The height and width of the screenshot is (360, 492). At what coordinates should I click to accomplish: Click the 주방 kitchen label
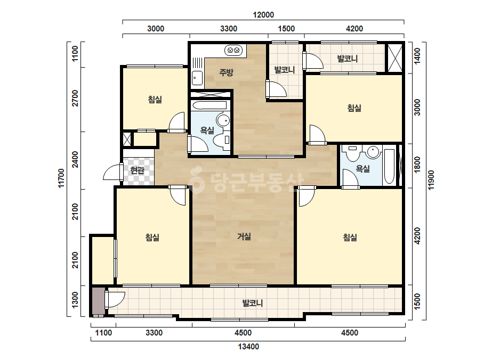[x=226, y=72]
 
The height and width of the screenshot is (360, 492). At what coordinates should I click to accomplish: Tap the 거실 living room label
[x=244, y=236]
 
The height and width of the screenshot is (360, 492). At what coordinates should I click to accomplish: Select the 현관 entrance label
[x=137, y=170]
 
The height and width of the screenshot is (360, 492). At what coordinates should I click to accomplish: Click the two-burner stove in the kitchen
[x=233, y=50]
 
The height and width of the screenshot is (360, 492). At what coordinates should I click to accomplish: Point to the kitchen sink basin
[x=197, y=78]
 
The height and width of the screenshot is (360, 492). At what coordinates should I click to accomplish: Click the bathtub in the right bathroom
[x=389, y=166]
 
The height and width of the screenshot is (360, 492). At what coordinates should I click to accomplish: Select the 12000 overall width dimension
[x=263, y=15]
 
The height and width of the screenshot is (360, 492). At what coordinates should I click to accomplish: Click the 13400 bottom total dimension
[x=248, y=346]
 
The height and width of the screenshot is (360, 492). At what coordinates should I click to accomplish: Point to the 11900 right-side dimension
[x=431, y=180]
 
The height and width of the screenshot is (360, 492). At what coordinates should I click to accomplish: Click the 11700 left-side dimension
[x=61, y=178]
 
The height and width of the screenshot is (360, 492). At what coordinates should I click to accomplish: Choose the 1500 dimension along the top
[x=286, y=29]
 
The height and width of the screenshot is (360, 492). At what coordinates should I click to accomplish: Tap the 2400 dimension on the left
[x=75, y=159]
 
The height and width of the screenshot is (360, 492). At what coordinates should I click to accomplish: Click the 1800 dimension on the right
[x=417, y=165]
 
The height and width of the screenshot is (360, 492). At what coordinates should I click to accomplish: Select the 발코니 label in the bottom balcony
[x=253, y=303]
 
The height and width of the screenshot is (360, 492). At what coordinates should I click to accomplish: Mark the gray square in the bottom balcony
[x=98, y=301]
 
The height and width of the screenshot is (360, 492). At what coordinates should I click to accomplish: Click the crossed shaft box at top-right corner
[x=395, y=59]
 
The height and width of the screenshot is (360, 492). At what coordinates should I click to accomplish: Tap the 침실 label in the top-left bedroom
[x=155, y=100]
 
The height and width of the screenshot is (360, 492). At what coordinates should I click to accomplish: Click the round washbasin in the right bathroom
[x=373, y=152]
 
